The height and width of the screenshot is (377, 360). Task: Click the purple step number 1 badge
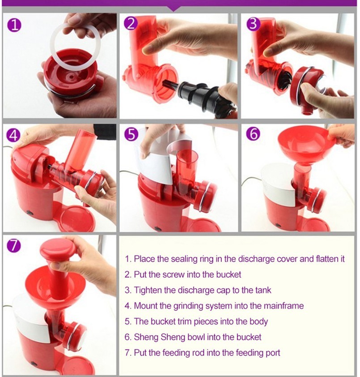[15, 25]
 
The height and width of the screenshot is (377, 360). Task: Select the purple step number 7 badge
[15, 245]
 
